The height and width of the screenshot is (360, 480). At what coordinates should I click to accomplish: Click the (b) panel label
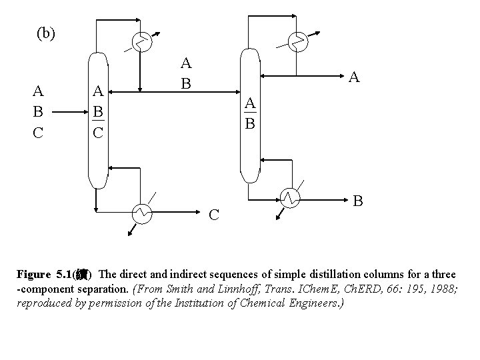point(46,34)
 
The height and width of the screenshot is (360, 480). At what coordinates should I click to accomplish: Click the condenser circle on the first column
point(140,42)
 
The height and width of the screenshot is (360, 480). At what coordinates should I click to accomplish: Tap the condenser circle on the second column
point(298,42)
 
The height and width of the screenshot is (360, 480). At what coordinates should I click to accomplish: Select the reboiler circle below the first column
point(142,213)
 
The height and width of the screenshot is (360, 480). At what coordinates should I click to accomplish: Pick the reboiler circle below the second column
point(289,198)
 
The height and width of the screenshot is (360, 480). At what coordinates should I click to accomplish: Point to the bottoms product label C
point(214,215)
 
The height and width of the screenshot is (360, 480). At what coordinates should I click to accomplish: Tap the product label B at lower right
point(358,200)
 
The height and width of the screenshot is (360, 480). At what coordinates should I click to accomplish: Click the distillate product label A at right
point(355,78)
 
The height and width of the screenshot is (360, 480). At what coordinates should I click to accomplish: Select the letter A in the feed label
point(39,91)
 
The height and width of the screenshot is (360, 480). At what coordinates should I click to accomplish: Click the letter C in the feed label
point(39,133)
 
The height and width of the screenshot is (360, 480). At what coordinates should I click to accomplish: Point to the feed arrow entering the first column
point(69,113)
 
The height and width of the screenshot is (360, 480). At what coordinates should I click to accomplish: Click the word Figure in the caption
point(33,274)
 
